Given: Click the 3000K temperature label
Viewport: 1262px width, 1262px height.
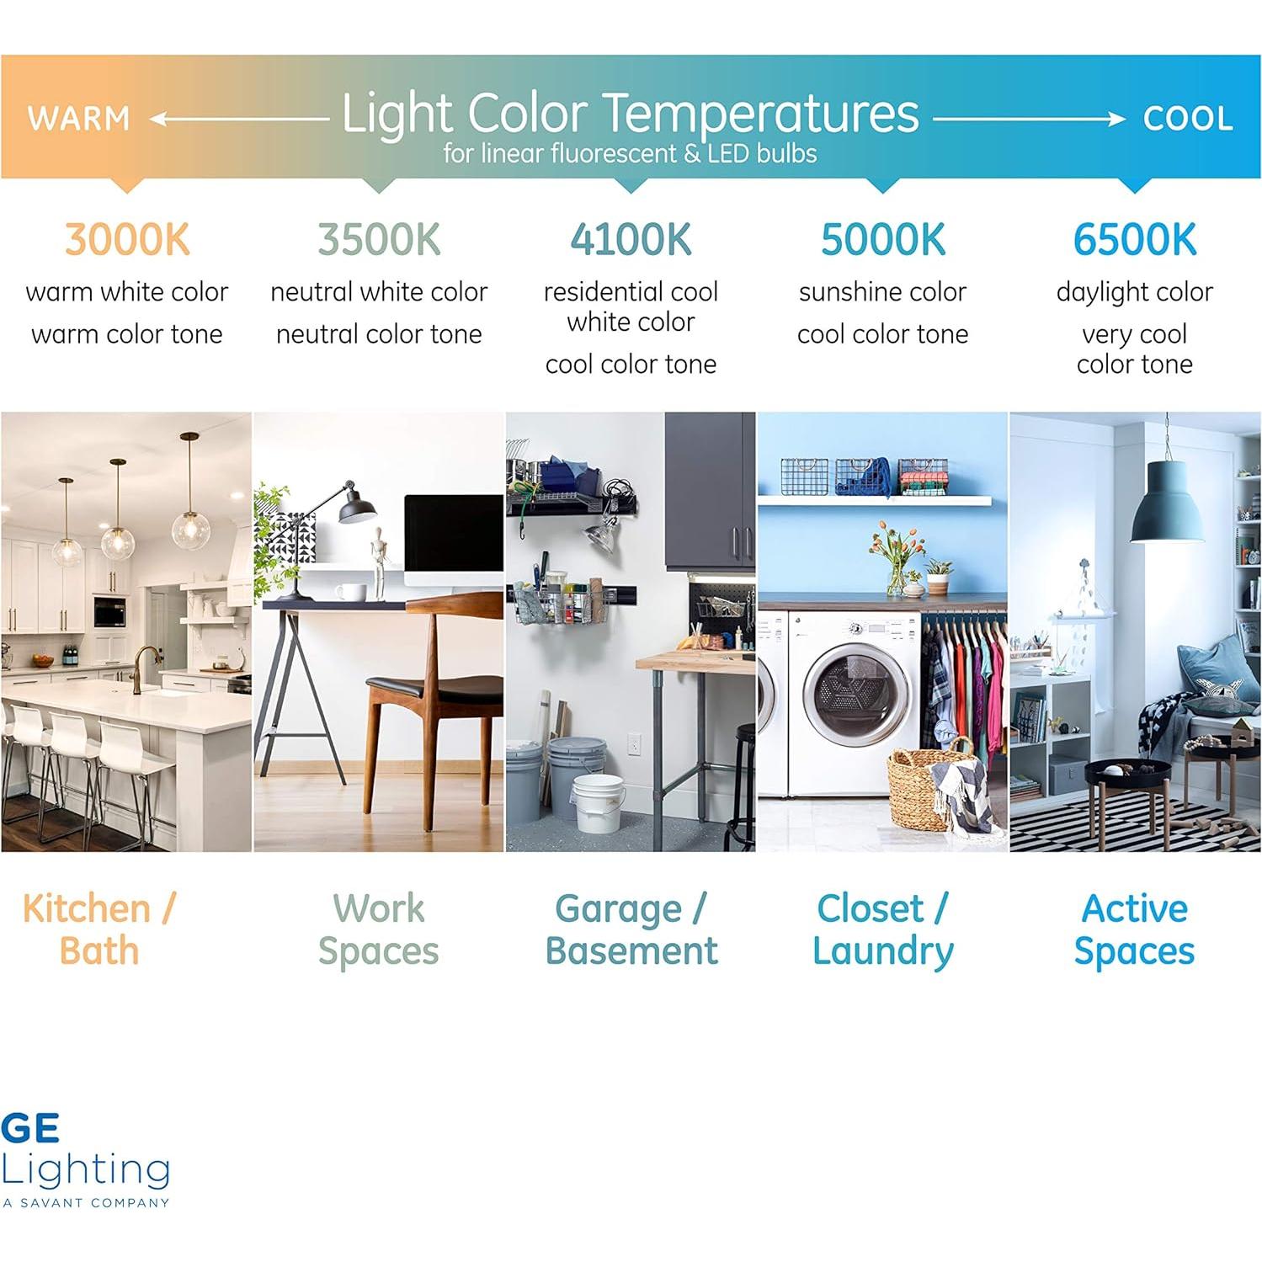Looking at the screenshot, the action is [127, 240].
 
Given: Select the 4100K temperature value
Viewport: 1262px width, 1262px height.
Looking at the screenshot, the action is [631, 240].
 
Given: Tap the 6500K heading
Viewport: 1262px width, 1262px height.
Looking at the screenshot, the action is [1134, 240].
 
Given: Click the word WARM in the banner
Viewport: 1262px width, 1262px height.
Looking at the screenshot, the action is [78, 119].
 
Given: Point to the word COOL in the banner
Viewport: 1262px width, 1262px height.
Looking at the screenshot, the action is [1187, 119].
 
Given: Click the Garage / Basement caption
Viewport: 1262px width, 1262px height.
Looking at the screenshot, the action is [631, 929].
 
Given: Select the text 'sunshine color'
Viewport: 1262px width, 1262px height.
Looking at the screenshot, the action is [882, 292].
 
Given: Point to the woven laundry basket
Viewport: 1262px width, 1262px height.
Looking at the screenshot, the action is [930, 787].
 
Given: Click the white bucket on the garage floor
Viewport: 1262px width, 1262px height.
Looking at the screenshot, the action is [599, 804].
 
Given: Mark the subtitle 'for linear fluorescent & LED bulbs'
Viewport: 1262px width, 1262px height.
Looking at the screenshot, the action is [630, 153].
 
